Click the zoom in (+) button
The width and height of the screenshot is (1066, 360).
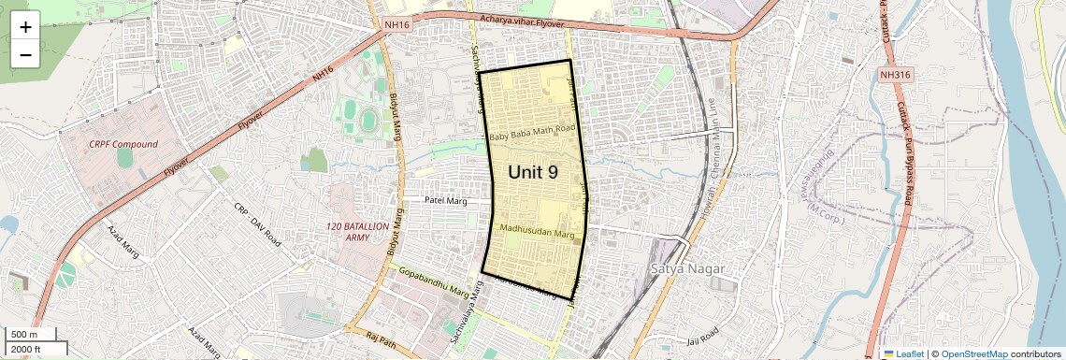click(25, 27)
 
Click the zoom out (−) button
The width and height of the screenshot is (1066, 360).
click(25, 54)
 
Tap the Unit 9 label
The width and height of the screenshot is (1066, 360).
click(533, 172)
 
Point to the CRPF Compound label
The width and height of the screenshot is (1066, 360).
click(123, 144)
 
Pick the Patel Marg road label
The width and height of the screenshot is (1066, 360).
click(445, 200)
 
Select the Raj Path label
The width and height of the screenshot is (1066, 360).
click(382, 337)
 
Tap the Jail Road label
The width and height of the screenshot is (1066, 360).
click(702, 334)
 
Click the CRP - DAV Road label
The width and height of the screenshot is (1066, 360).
click(257, 224)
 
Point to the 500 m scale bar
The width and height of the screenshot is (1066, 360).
click(32, 335)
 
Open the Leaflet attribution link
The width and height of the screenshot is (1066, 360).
click(903, 354)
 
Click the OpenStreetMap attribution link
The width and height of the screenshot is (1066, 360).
click(973, 354)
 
